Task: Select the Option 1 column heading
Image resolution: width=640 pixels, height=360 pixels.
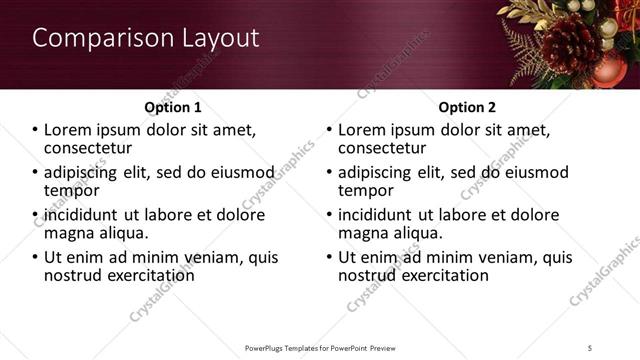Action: [172, 107]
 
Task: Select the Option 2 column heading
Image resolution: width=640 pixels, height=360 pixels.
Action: [467, 107]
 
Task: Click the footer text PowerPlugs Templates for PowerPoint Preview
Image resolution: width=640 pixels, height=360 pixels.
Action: [320, 348]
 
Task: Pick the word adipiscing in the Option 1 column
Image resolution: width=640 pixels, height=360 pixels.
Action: [82, 172]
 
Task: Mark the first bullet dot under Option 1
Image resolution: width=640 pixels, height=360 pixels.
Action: [36, 131]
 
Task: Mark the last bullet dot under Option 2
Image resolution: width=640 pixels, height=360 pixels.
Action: [330, 257]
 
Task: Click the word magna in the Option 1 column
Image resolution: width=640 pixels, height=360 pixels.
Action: [69, 233]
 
